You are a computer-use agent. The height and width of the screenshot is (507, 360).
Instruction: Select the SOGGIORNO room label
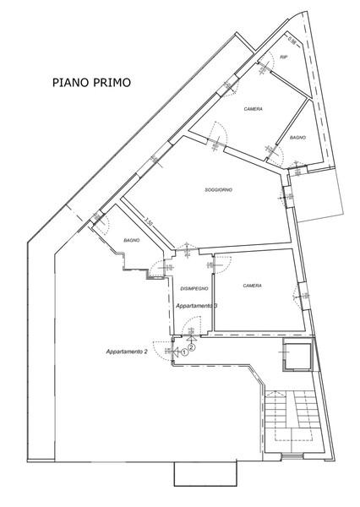click(x=218, y=191)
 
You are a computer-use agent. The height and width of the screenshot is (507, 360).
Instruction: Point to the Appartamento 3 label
click(x=197, y=305)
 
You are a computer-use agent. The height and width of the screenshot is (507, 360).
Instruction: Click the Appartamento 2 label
click(x=127, y=351)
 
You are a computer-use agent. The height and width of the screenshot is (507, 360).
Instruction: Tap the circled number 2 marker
click(x=192, y=346)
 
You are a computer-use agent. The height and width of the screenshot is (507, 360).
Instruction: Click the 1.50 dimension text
click(x=149, y=224)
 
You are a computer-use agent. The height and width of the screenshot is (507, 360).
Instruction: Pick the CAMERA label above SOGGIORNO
click(x=253, y=109)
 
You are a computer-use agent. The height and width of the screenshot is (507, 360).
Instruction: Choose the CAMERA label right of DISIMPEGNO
click(x=252, y=286)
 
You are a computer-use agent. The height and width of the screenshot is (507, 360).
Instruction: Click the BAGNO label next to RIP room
click(x=297, y=136)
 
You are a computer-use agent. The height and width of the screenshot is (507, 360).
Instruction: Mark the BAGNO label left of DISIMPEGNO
click(x=130, y=241)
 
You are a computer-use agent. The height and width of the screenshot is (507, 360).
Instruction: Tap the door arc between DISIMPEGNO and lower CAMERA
click(x=203, y=264)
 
